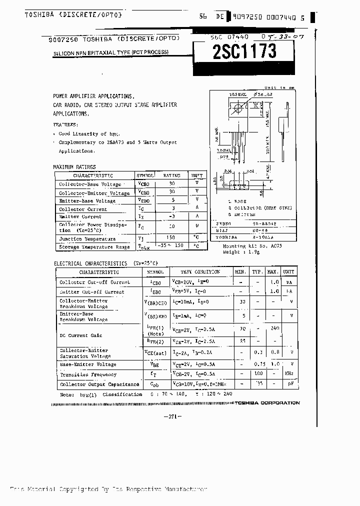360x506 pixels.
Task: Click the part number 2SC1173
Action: tap(244, 52)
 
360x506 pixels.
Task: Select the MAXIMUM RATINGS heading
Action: tap(74, 167)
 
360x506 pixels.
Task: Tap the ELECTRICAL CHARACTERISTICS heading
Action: tap(90, 263)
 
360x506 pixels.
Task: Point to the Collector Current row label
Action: tap(83, 209)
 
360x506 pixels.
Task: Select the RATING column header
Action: tap(171, 175)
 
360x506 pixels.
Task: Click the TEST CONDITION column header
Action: tap(200, 271)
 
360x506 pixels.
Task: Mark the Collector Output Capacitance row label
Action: tap(99, 384)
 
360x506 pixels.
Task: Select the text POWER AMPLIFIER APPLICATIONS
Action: tap(93, 95)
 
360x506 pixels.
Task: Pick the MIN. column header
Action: tap(240, 271)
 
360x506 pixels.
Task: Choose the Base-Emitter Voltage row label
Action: tap(87, 364)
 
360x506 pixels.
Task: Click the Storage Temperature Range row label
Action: tap(94, 247)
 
